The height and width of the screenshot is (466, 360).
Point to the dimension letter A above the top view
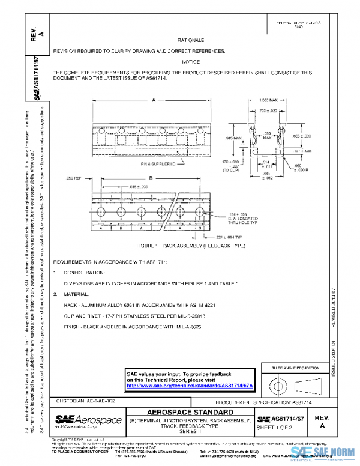(154, 100)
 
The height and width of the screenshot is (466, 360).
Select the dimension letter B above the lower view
(151, 178)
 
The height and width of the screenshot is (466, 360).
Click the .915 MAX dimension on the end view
(233, 138)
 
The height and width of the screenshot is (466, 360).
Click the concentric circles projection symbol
(278, 383)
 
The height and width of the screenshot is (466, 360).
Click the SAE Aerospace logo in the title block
(88, 419)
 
